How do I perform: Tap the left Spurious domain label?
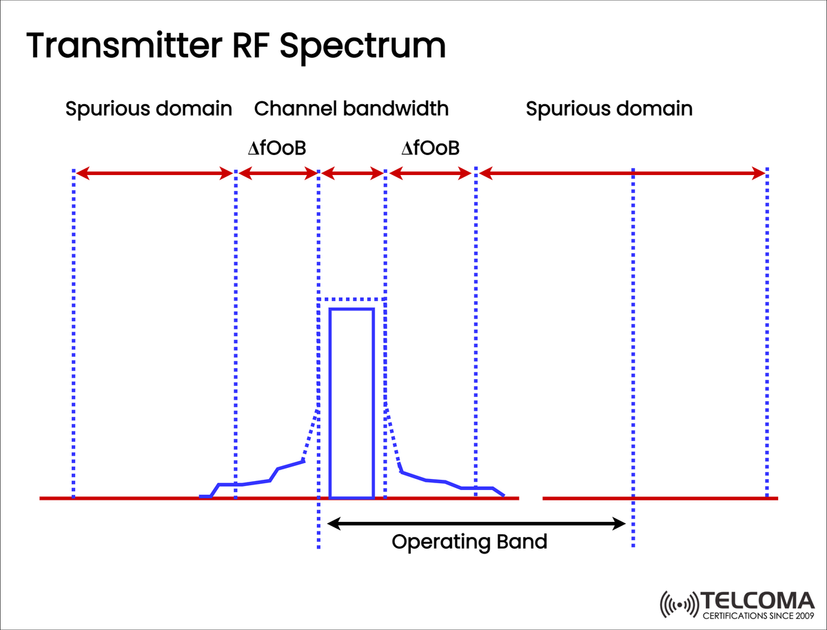click(148, 109)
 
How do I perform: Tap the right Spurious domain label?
click(609, 109)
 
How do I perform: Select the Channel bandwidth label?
click(351, 109)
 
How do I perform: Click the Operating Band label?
click(469, 542)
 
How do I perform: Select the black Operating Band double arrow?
click(476, 524)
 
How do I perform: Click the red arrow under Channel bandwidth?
click(351, 174)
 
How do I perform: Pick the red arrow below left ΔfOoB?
click(276, 174)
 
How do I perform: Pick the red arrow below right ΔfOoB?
click(430, 174)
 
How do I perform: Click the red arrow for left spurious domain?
click(154, 174)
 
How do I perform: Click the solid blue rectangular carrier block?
click(351, 403)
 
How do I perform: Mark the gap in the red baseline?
click(531, 498)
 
